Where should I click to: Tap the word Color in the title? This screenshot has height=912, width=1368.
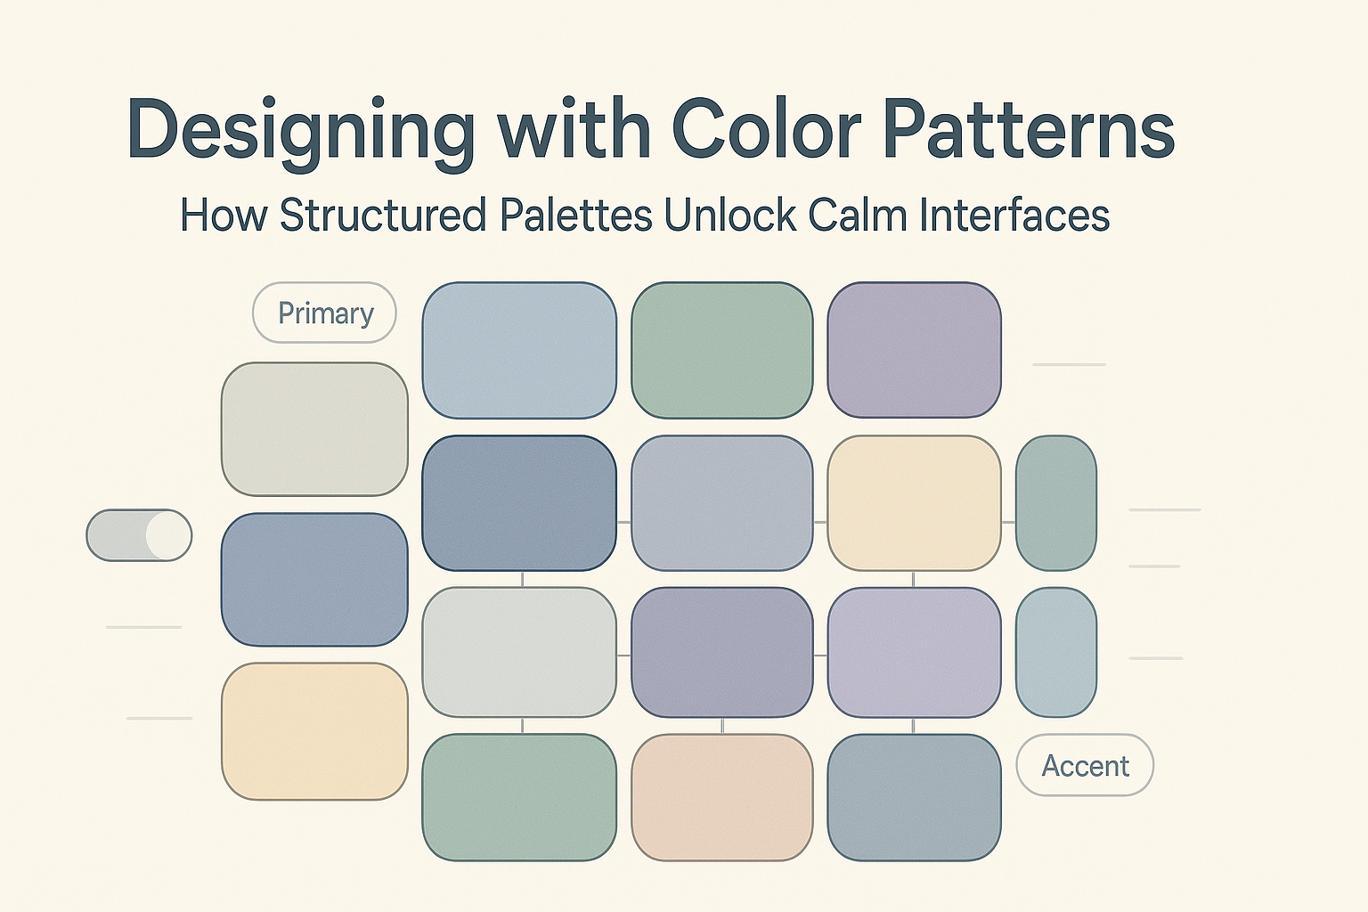[x=767, y=129]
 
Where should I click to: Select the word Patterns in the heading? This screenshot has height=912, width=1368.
[x=1029, y=129]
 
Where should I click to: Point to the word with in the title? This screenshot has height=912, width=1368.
[x=574, y=129]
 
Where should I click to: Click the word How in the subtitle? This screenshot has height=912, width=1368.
[x=224, y=215]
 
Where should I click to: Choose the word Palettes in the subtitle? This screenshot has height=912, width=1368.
[x=576, y=215]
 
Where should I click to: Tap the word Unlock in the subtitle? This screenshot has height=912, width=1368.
[x=729, y=215]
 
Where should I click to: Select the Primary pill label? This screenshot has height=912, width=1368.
[x=325, y=313]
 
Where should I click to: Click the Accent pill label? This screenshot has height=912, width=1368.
[x=1086, y=765]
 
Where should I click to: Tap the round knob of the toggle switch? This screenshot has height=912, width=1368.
[x=168, y=535]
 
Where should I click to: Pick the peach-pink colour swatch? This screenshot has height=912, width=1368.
[x=722, y=797]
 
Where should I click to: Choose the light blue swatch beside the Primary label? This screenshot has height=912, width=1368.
[x=519, y=350]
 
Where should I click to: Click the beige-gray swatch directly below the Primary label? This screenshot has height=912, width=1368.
[x=314, y=428]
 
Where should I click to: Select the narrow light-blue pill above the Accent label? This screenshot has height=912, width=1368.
[x=1056, y=653]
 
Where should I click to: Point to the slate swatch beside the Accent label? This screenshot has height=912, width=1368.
[x=915, y=797]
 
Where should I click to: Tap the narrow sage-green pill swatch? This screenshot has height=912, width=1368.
[x=1056, y=502]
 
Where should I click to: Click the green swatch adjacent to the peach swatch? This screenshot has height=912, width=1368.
[x=519, y=797]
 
